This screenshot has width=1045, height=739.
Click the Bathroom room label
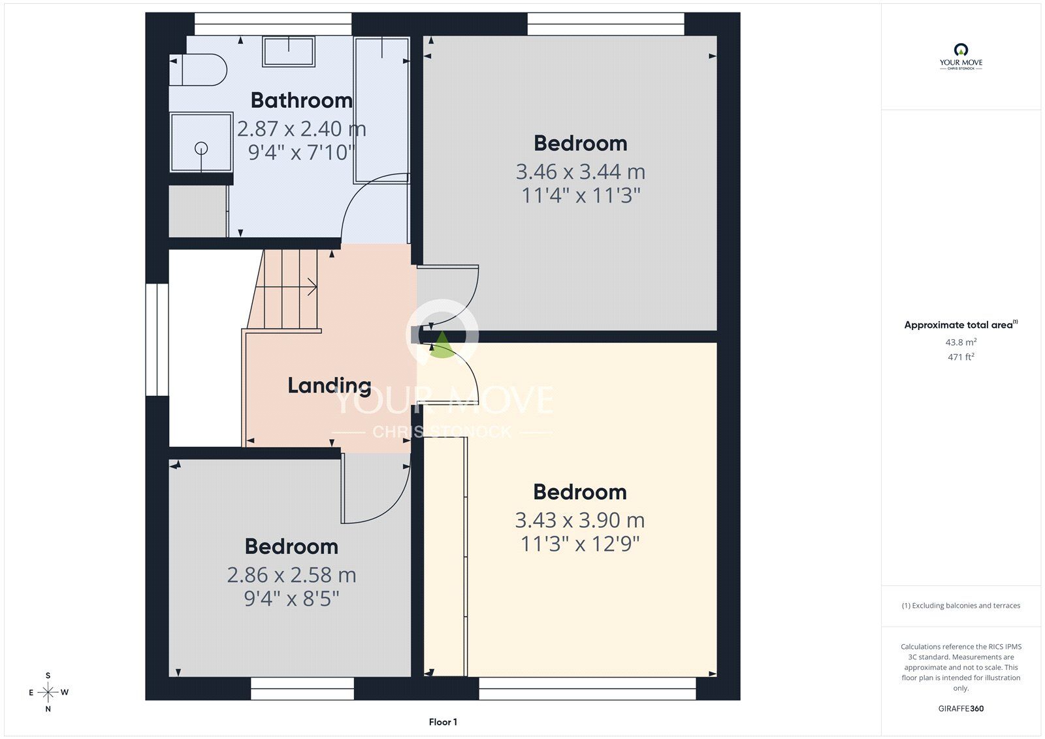(301, 101)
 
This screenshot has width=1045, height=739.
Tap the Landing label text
(329, 386)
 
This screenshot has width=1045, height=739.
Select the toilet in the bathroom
(199, 70)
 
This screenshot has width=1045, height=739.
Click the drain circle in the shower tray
(201, 148)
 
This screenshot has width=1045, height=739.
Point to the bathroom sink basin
(288, 52)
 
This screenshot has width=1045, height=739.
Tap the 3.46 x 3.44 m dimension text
(581, 172)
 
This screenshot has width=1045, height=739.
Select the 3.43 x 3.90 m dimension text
(580, 520)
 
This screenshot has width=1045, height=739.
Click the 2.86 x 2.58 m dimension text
(291, 575)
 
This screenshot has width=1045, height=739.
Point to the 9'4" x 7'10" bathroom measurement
(301, 153)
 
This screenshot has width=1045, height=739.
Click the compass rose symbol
(48, 692)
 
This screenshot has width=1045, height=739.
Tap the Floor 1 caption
(443, 722)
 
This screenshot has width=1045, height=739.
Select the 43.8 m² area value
(961, 342)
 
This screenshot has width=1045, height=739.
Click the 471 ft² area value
(961, 357)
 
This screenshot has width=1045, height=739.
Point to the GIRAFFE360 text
(961, 708)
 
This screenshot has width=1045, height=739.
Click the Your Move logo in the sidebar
(961, 57)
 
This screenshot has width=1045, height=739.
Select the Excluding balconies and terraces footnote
(961, 606)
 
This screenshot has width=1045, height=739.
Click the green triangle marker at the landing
(442, 346)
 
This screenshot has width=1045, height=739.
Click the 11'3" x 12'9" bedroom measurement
(580, 544)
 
